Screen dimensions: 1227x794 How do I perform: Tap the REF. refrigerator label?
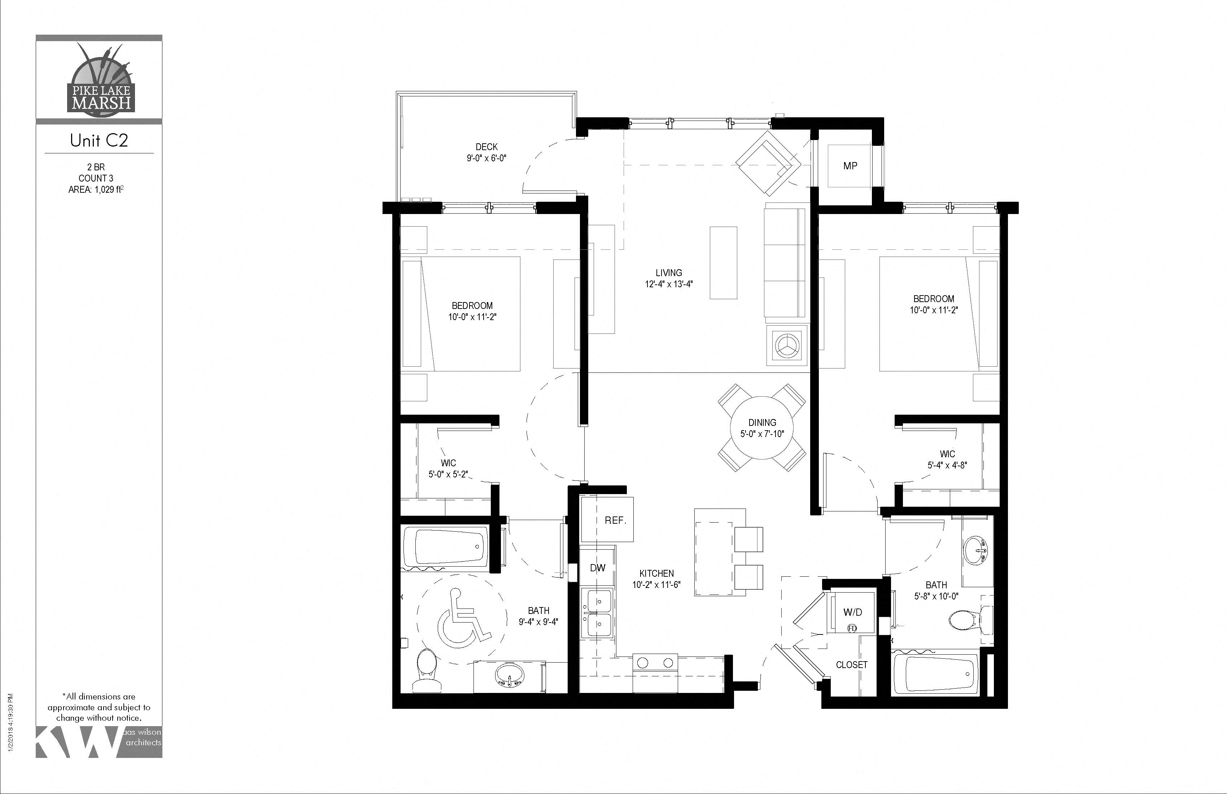615,521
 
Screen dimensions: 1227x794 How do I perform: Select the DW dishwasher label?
598,568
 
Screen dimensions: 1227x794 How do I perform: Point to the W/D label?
852,612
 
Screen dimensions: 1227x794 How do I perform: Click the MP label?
850,166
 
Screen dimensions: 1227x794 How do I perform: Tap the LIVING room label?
669,273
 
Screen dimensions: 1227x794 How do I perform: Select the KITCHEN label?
656,573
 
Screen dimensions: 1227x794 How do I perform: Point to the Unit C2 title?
99,140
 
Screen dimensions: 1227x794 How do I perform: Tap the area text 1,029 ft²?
107,189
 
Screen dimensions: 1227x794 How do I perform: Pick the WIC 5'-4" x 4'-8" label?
947,459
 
